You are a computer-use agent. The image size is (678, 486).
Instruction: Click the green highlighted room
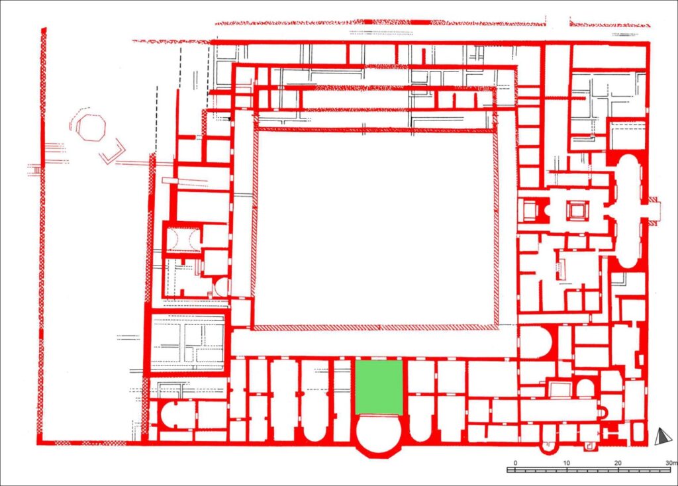[x=379, y=387]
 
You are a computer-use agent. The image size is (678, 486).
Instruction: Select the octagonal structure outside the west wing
[x=91, y=127]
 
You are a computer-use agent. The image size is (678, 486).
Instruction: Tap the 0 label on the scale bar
[x=515, y=463]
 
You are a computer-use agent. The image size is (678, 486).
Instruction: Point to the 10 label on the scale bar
[x=567, y=463]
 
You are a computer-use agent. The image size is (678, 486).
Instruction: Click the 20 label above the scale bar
[x=618, y=463]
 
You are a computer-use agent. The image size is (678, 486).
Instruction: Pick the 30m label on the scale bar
[x=671, y=463]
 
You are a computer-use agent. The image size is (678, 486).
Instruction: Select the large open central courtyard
[x=375, y=228]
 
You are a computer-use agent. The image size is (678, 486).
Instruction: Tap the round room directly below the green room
[x=379, y=434]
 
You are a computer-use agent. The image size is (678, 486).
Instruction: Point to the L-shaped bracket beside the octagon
[x=113, y=152]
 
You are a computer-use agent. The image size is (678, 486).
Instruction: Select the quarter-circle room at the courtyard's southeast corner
[x=535, y=342]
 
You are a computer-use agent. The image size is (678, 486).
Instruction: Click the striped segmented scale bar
[x=590, y=469]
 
